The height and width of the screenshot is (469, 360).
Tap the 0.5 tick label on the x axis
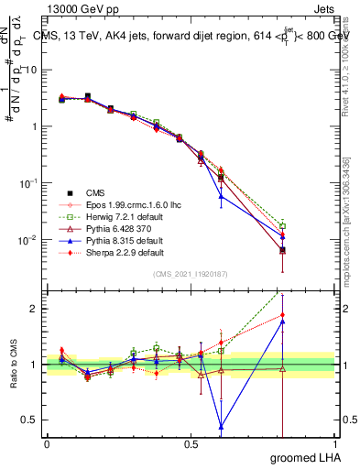pyautogui.click(x=191, y=443)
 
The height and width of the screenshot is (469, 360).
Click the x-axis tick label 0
pyautogui.click(x=47, y=443)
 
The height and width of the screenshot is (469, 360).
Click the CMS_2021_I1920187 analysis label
pyautogui.click(x=190, y=274)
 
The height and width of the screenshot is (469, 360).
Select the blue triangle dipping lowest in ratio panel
pyautogui.click(x=221, y=425)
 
